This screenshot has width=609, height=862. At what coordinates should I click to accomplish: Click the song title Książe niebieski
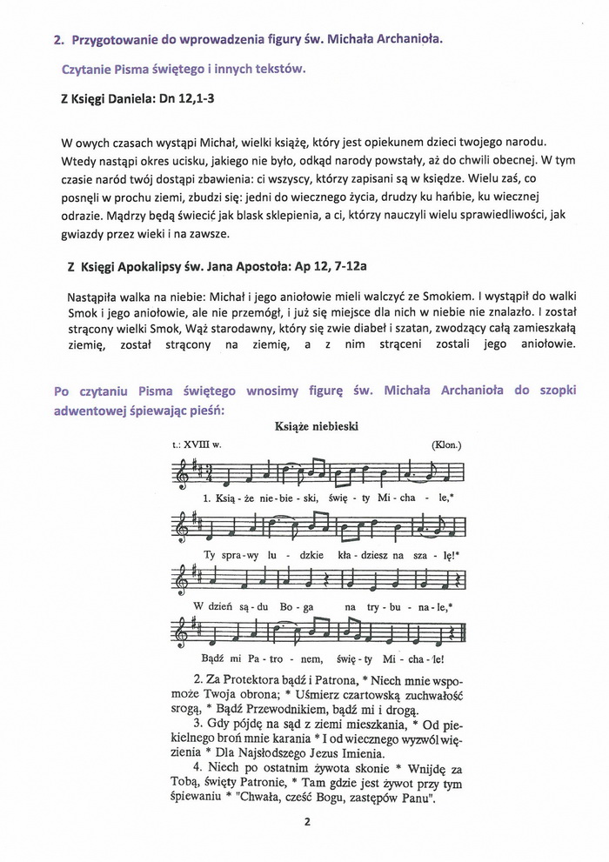tap(304, 426)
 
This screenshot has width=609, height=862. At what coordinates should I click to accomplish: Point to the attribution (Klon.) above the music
tap(446, 444)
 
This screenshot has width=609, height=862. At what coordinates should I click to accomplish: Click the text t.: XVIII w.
tap(197, 444)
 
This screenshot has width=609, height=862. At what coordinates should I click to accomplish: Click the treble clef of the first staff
tap(179, 472)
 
